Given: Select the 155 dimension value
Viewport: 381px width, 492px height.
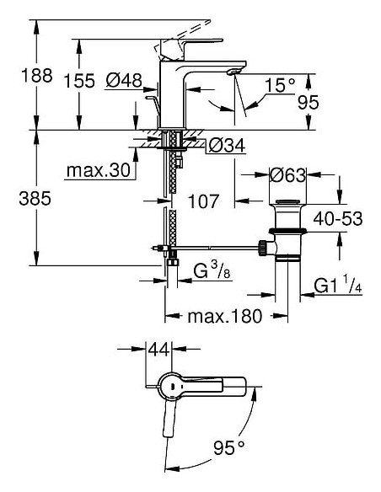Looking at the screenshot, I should click(81, 82).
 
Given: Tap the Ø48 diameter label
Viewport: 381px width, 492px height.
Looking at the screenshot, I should click(124, 81).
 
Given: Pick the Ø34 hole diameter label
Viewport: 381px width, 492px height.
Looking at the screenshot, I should click(227, 146).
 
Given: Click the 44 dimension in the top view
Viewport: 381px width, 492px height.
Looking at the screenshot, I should click(159, 349).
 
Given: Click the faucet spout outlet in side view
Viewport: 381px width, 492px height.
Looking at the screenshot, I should click(236, 78).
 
